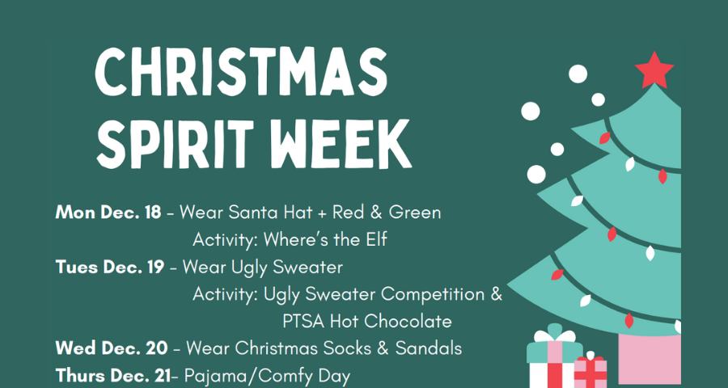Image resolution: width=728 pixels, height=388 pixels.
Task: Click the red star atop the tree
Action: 654,70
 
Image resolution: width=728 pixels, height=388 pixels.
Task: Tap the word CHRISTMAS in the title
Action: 241,73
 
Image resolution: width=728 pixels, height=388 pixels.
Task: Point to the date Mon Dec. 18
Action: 108,213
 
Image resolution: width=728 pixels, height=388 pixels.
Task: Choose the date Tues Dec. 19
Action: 109,267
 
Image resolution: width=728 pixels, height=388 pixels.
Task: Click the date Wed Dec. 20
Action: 112,348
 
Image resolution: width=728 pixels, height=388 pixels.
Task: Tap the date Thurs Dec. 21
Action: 113,376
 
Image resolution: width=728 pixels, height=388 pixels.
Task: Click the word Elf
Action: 375,240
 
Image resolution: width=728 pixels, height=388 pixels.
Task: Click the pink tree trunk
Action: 650,359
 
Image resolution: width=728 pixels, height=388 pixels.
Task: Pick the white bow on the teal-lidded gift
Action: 554,335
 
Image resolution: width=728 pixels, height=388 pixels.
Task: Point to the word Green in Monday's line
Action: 415,213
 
